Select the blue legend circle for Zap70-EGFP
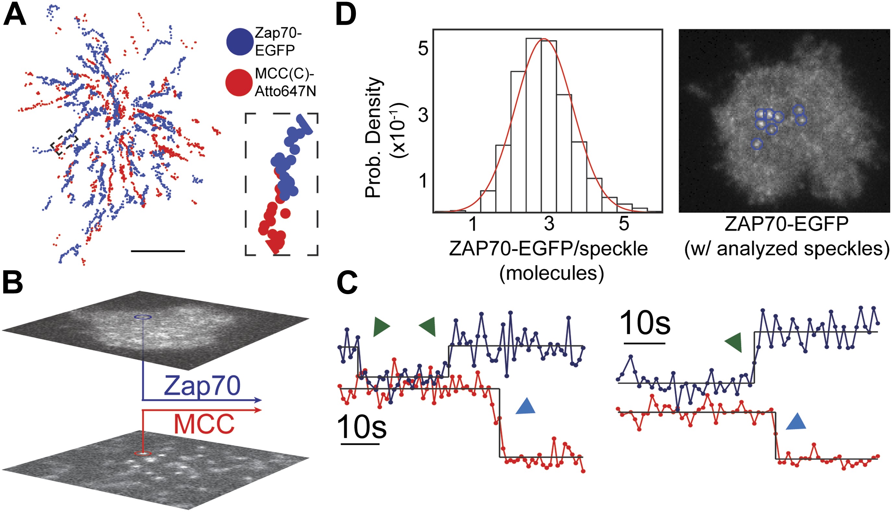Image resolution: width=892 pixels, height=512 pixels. (x=240, y=42)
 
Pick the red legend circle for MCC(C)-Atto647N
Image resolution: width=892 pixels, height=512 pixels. (x=239, y=83)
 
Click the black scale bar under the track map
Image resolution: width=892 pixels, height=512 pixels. (x=158, y=251)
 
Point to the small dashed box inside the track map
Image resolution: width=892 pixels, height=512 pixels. (x=64, y=141)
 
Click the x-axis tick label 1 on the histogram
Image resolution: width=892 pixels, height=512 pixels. (x=473, y=224)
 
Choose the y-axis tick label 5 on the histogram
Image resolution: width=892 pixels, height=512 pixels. (x=423, y=48)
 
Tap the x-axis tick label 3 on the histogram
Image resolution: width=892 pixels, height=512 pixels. (x=549, y=224)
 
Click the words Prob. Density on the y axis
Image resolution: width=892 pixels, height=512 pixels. (x=373, y=137)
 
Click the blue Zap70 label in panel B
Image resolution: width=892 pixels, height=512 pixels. (x=202, y=386)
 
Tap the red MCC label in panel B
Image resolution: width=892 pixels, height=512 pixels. (x=204, y=424)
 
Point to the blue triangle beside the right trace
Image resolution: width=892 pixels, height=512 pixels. (x=796, y=422)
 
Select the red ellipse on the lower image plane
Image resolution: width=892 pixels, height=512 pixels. (x=143, y=454)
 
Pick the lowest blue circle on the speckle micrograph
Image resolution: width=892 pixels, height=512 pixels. (x=757, y=144)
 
